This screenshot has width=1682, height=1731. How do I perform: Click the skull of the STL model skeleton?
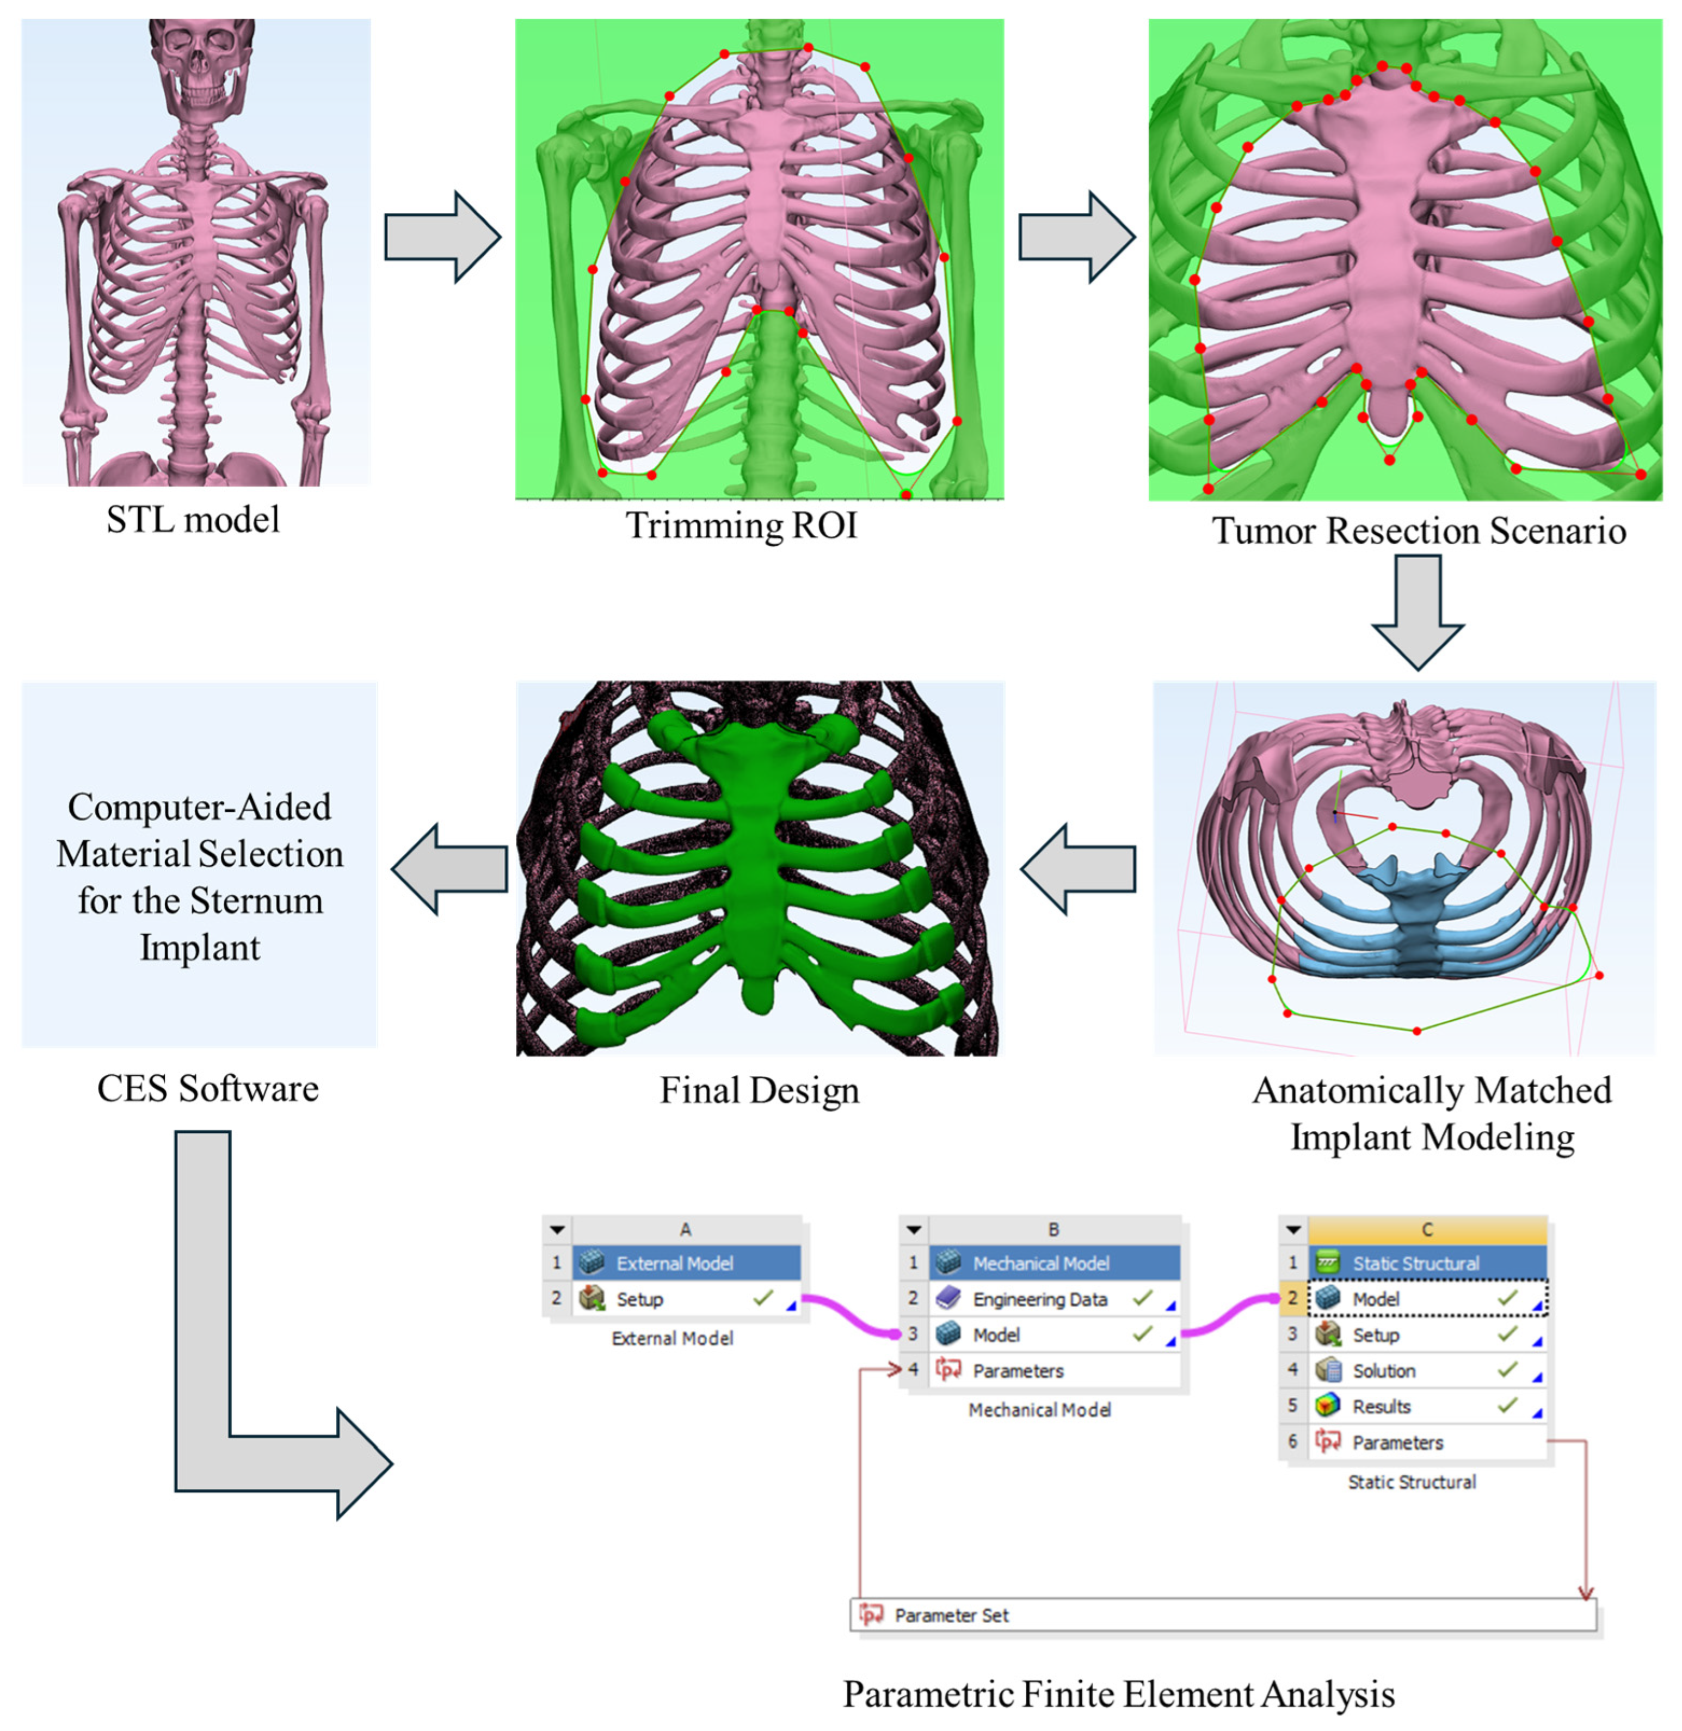[x=201, y=66]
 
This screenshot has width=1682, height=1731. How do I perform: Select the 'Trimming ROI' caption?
[x=741, y=525]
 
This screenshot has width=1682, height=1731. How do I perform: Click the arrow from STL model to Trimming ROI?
[x=442, y=237]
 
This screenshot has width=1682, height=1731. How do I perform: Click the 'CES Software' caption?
[x=208, y=1089]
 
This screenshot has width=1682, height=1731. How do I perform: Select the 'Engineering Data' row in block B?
[x=1040, y=1299]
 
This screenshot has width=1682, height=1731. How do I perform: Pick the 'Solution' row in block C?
[x=1383, y=1370]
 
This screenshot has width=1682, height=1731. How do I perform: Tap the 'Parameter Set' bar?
[x=1223, y=1615]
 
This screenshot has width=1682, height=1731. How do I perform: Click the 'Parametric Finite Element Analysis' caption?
[x=1118, y=1694]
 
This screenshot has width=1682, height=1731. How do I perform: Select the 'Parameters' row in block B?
[x=1018, y=1370]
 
